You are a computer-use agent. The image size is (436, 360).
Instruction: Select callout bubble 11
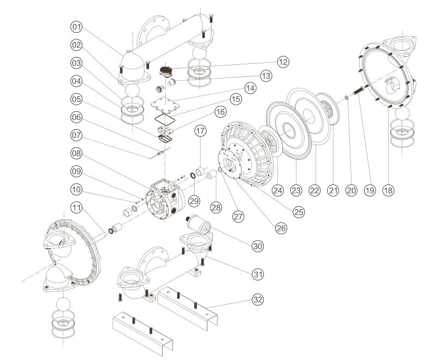click(76, 208)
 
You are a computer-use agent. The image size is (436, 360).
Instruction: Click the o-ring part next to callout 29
click(193, 176)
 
